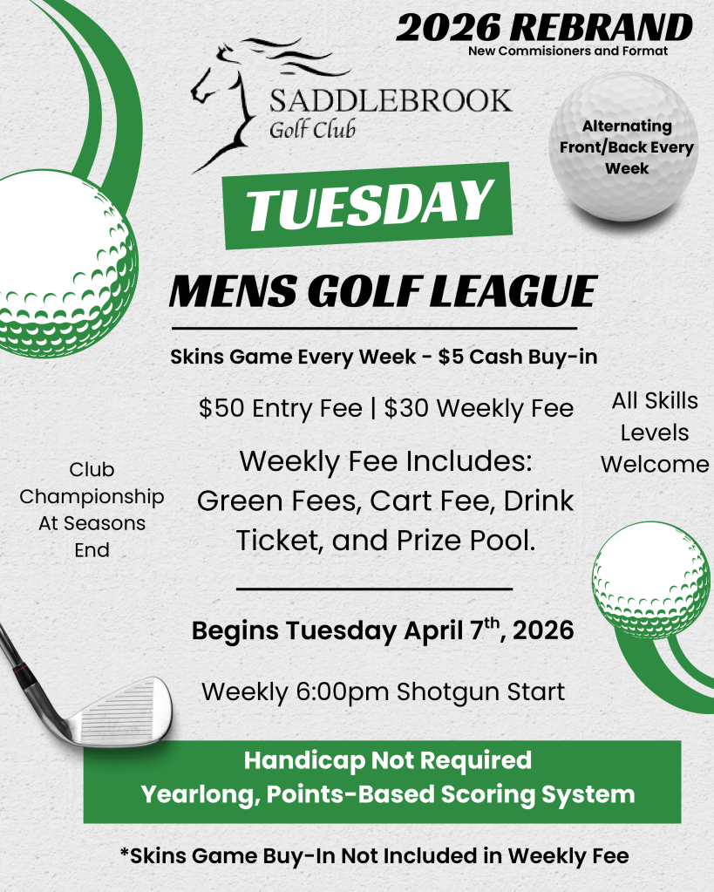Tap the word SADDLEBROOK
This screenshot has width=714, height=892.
tap(391, 100)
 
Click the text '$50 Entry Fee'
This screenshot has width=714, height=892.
tap(280, 408)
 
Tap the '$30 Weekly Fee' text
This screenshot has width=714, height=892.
tap(479, 408)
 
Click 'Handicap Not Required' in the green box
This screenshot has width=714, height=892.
tap(387, 760)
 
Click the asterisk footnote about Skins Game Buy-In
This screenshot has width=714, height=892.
tap(374, 856)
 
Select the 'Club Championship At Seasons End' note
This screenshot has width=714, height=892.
tap(92, 510)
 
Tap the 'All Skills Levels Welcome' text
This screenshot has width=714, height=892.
tap(655, 432)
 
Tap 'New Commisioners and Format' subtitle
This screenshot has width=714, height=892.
tap(568, 51)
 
